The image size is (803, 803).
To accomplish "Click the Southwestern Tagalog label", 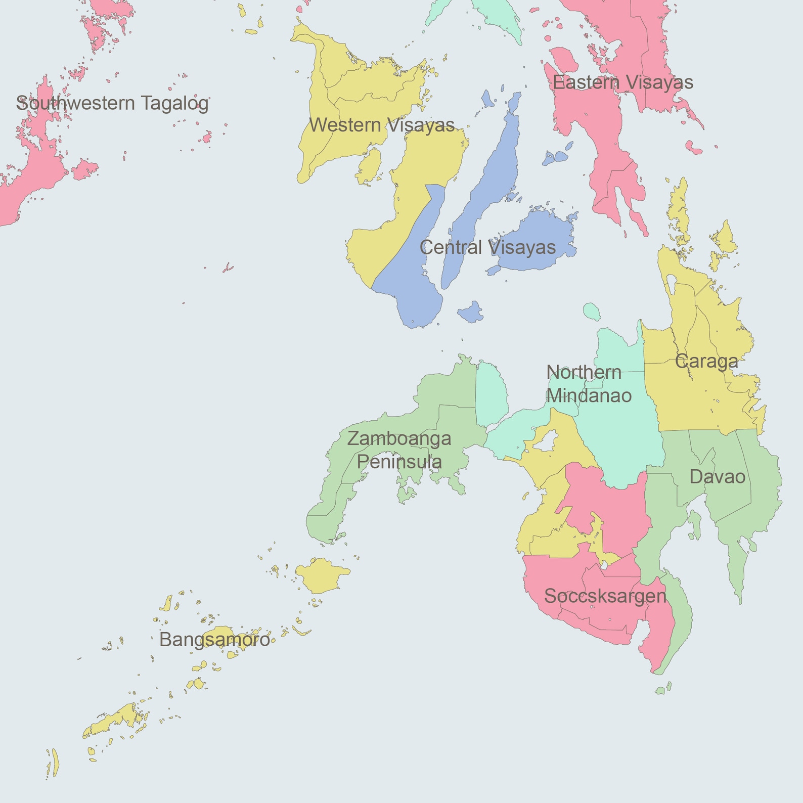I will pos(112,103).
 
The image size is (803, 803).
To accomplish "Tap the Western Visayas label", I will pos(382,125).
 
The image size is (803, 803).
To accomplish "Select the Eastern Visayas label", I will pos(622,82).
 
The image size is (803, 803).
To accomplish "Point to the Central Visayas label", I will pos(487,247).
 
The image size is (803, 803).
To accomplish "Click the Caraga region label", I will pos(706,362).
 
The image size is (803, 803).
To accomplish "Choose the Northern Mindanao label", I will pos(589,384).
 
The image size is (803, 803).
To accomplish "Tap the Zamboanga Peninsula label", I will pos(399,450).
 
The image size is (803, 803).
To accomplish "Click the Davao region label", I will pos(717,477).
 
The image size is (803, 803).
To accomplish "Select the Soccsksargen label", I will pos(605,596).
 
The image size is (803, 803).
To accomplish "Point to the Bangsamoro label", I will pos(214,640).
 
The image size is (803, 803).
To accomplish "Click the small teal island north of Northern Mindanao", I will pos(591,311).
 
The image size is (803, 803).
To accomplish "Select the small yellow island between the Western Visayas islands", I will pos(370,166).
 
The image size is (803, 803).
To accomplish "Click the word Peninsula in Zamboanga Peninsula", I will pos(399,462).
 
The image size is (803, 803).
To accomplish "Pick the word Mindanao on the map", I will pos(589,395).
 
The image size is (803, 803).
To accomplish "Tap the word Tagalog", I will pos(174,103).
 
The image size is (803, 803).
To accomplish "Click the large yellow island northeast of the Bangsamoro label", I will pos(322,575).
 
